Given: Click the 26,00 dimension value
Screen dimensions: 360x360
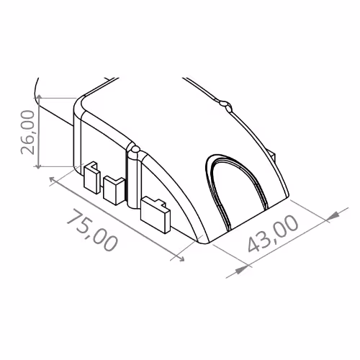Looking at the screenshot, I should click(x=28, y=132).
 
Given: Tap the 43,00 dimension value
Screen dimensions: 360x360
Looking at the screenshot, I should click(x=273, y=234).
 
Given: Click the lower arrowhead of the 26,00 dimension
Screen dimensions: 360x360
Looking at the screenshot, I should click(x=39, y=165).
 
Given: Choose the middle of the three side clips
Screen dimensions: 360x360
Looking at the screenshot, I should click(x=114, y=189).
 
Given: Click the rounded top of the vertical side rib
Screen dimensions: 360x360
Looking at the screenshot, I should click(x=133, y=151).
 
